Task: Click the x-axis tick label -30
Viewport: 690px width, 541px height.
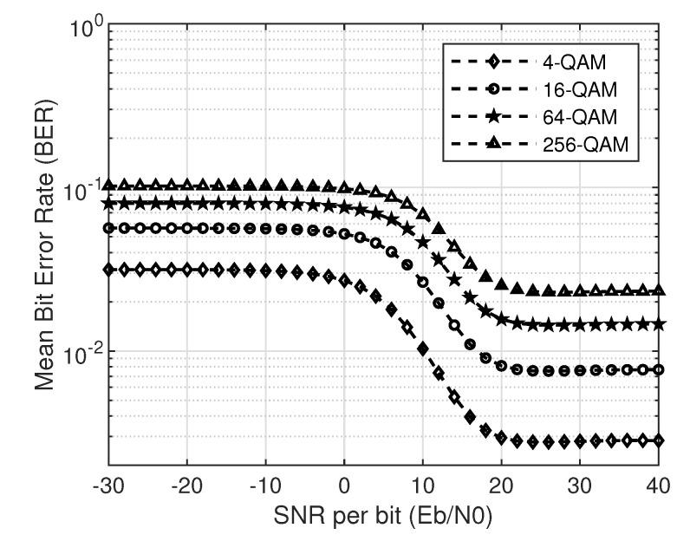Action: [x=108, y=482]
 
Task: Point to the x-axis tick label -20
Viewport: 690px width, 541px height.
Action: [x=187, y=482]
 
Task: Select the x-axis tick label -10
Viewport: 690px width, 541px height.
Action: [x=265, y=482]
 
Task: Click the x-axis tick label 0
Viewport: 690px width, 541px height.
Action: [x=345, y=482]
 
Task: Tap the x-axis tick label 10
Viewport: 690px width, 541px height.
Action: [x=423, y=482]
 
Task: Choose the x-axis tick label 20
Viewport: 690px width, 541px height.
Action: [x=502, y=482]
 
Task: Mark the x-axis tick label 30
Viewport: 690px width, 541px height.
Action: [x=580, y=482]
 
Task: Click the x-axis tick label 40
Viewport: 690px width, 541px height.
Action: [x=658, y=482]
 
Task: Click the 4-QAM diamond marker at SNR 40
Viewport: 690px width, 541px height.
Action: [x=659, y=440]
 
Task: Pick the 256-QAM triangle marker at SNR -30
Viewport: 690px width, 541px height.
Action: [x=109, y=185]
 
